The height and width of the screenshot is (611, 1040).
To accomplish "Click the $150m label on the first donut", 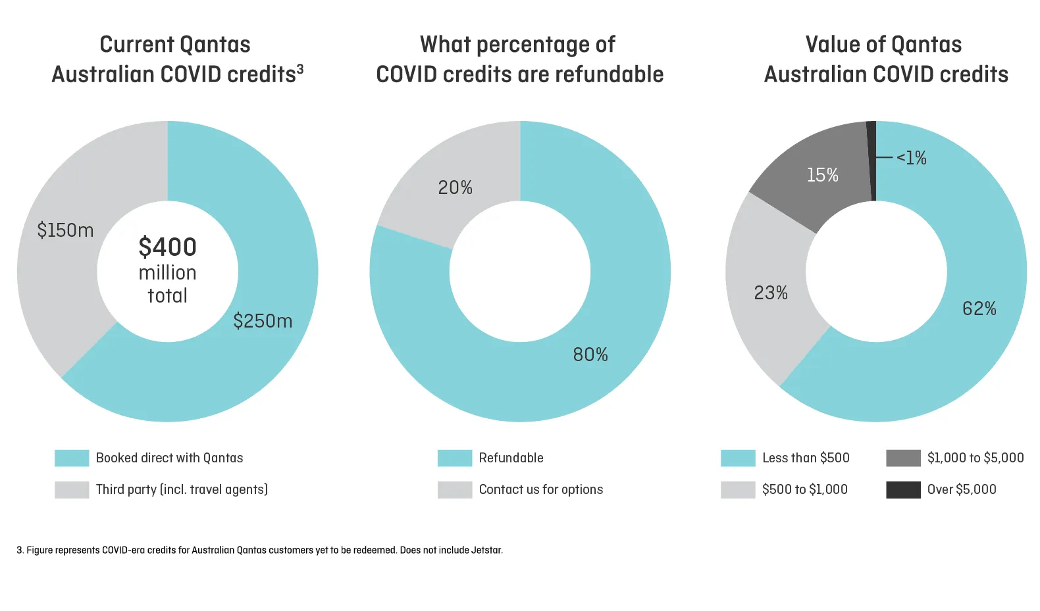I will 65,230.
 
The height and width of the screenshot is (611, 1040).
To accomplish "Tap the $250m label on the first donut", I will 263,321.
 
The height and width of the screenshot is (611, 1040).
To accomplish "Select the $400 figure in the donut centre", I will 167,247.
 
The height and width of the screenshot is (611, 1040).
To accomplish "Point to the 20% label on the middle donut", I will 455,188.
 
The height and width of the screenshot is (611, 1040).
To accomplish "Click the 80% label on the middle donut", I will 590,355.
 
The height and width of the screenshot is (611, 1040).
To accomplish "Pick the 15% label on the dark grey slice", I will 822,175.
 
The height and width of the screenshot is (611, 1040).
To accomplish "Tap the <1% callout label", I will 912,158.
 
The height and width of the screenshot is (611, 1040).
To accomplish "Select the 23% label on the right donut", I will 770,293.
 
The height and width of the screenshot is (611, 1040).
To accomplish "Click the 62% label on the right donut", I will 979,308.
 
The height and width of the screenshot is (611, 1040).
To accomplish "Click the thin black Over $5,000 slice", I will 871,161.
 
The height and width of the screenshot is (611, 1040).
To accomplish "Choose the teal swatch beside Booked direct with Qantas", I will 72,458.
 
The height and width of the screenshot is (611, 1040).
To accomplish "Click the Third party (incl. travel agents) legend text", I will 182,489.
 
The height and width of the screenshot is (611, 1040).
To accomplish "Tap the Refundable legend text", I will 511,458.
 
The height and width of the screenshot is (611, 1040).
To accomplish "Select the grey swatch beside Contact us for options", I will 454,490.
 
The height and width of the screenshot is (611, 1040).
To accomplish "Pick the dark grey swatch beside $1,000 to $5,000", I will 903,458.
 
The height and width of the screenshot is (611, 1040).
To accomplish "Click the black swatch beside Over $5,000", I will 903,490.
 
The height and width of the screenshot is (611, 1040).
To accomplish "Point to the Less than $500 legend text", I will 806,458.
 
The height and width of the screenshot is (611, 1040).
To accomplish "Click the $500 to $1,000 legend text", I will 804,489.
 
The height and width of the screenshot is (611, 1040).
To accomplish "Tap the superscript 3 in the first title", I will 300,68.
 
